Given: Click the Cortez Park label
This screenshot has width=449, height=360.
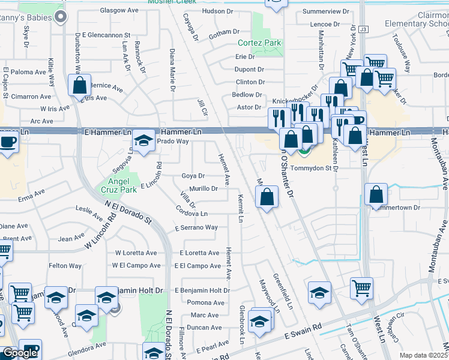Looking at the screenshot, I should coord(259,43).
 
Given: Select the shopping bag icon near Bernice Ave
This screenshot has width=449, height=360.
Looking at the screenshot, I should coord(79,86).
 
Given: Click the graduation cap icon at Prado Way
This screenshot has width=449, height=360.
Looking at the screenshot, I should coord(143,142).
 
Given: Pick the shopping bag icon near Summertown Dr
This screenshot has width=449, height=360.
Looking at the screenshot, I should coord(376,195).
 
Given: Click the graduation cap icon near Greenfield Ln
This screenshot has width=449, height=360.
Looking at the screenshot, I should coord(319,293).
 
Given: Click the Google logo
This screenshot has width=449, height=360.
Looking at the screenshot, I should coord(20,353).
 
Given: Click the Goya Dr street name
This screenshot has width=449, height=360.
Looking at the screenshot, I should coord(193,176).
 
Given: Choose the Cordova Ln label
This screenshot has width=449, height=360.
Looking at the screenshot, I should coord(191,213).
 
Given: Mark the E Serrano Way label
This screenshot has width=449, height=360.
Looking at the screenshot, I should coord(196,228).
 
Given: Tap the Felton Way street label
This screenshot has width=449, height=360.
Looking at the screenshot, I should coord(65,266).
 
